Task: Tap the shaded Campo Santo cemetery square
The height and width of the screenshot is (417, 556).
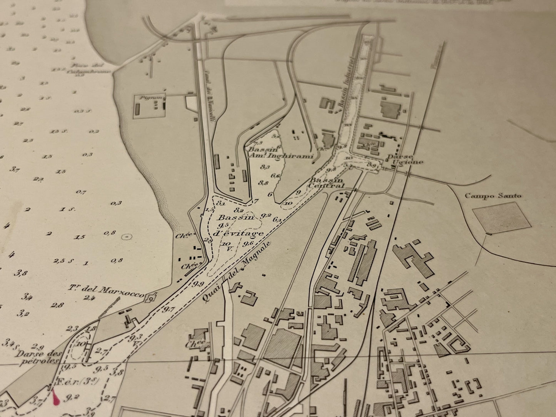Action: click(x=498, y=218)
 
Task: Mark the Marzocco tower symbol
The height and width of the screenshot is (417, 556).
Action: click(x=151, y=297)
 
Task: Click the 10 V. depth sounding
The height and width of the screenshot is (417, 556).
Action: click(x=226, y=246)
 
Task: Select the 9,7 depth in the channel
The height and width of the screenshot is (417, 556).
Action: click(x=168, y=309)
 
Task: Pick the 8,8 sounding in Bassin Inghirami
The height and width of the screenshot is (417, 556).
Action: click(x=264, y=183)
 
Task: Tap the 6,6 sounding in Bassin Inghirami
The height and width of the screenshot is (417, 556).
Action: click(x=275, y=176)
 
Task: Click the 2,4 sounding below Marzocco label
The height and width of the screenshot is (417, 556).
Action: click(x=89, y=297)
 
